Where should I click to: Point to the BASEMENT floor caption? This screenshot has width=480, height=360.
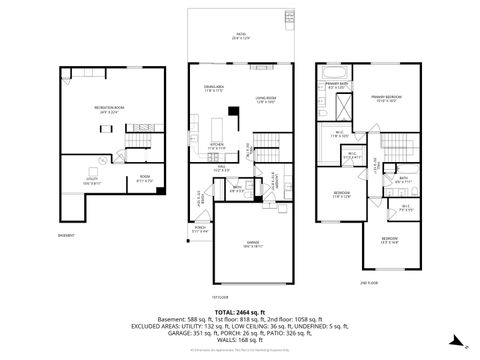[66, 236]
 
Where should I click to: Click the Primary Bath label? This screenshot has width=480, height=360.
[337, 88]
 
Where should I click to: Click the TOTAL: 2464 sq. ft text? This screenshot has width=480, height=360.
[240, 311]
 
